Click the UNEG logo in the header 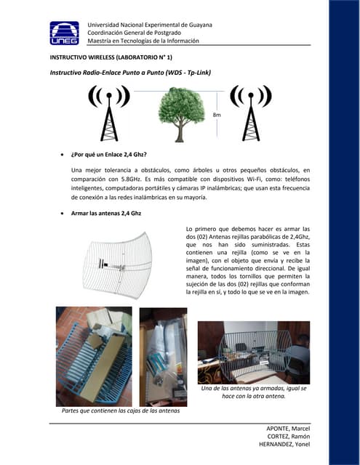(65, 33)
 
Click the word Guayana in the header (201, 25)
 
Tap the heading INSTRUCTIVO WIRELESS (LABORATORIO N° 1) (111, 57)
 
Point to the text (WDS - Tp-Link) (188, 73)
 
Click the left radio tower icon (109, 113)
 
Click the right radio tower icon (251, 113)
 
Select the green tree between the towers (181, 115)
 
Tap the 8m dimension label (217, 115)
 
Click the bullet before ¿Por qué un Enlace (62, 155)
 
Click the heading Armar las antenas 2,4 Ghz (106, 213)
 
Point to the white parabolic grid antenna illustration (117, 265)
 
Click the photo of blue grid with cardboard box (94, 357)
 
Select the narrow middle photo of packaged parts (163, 357)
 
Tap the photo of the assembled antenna (254, 352)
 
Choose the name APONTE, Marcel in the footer (288, 429)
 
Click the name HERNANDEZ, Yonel (284, 444)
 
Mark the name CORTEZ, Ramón (289, 437)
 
